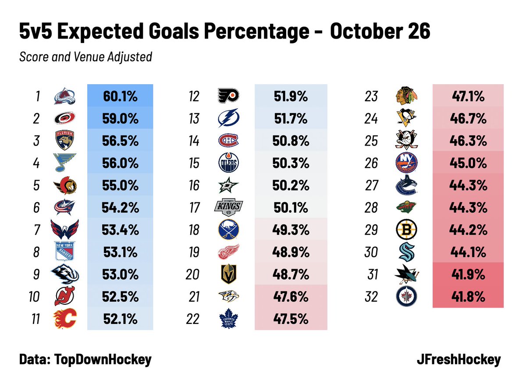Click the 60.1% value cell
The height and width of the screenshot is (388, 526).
[120, 96]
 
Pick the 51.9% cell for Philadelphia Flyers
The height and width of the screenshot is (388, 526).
[291, 96]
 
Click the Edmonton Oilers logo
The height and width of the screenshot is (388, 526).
[228, 163]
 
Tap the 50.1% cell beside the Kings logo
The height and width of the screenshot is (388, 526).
[291, 208]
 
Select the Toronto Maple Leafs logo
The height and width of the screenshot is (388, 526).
[228, 319]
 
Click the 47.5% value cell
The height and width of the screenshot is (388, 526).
[291, 319]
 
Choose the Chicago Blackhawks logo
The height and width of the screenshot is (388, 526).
[406, 96]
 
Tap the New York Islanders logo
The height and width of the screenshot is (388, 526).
[406, 163]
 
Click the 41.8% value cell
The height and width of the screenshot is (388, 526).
[468, 297]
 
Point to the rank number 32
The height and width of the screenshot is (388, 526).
[371, 297]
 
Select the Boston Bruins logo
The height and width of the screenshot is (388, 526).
[406, 230]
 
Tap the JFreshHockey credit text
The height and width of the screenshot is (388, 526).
[458, 360]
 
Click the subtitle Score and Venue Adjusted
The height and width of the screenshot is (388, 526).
[85, 57]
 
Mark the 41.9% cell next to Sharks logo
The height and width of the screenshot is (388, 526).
[468, 274]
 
